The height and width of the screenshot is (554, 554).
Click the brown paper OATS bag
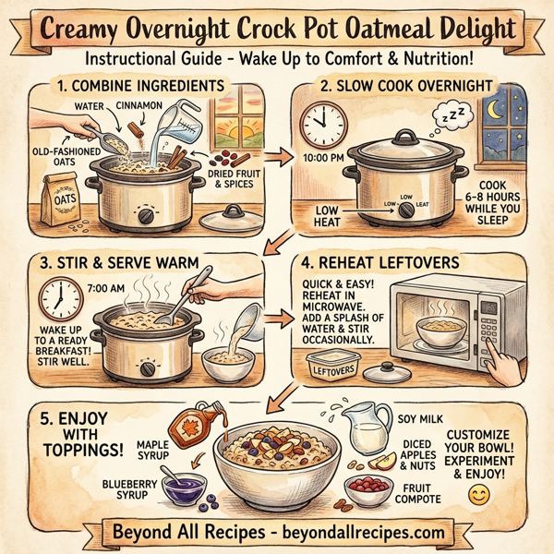[54, 201]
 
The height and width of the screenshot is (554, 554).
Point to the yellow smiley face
[477, 496]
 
